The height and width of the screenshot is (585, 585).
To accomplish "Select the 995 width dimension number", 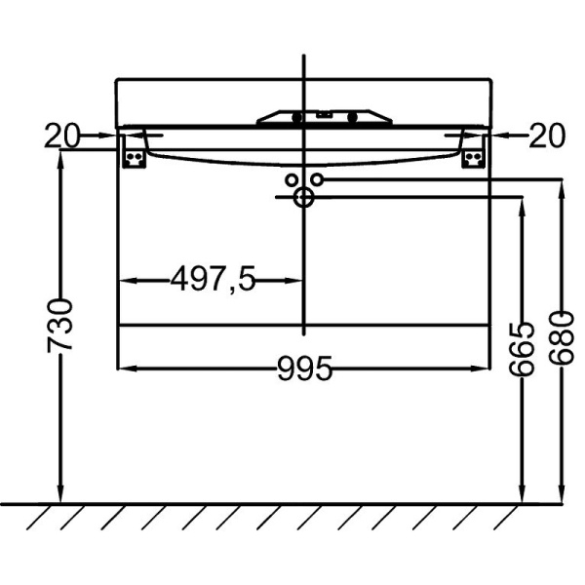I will [304, 369].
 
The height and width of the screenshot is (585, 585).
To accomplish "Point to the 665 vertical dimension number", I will [524, 348].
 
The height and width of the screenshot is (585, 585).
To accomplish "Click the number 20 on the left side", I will [60, 136].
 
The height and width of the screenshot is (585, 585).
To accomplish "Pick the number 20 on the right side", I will [546, 136].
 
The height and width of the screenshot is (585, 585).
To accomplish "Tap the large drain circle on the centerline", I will [303, 198].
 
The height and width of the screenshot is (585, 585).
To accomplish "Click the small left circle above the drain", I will [292, 180].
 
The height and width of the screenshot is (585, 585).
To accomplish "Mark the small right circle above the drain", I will [316, 180].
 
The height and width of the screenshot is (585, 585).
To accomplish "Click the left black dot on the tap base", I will [296, 118].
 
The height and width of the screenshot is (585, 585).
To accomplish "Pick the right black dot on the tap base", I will [353, 118].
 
